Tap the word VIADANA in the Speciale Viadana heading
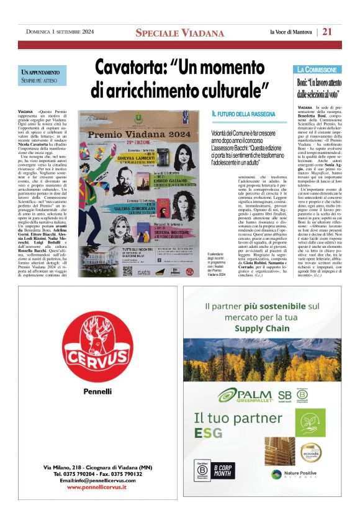(x=201, y=33)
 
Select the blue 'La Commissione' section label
(x=317, y=70)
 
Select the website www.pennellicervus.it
(x=88, y=488)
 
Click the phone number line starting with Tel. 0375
(x=89, y=473)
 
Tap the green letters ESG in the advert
(x=208, y=433)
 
